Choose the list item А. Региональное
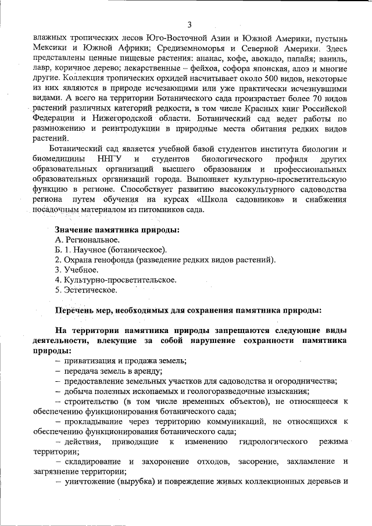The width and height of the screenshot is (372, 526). (87, 239)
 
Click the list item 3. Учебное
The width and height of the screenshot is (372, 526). (77, 270)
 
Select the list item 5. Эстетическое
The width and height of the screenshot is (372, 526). (86, 289)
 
